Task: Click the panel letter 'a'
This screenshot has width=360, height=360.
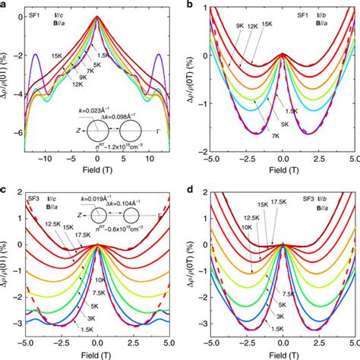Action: tap(4, 5)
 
